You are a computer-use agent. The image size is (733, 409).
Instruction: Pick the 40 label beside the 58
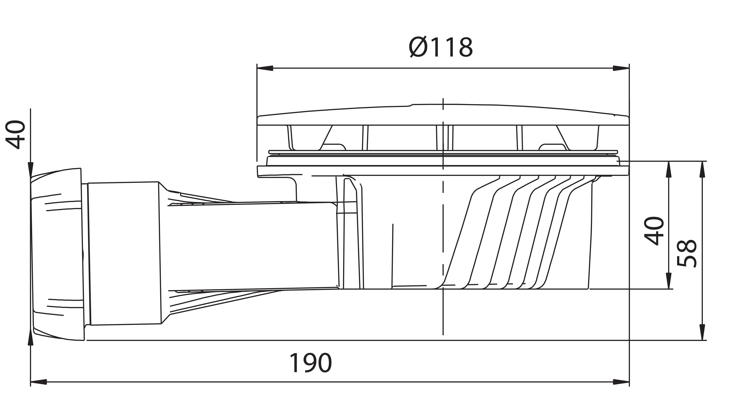pos(654,231)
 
